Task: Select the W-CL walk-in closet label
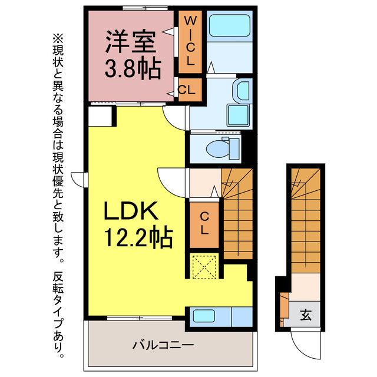point(190,41)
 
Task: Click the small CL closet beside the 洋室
point(187,90)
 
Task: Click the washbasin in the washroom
point(242,92)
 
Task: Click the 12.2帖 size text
point(139,237)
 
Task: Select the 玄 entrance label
point(306,315)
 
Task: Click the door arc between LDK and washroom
point(176,118)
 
